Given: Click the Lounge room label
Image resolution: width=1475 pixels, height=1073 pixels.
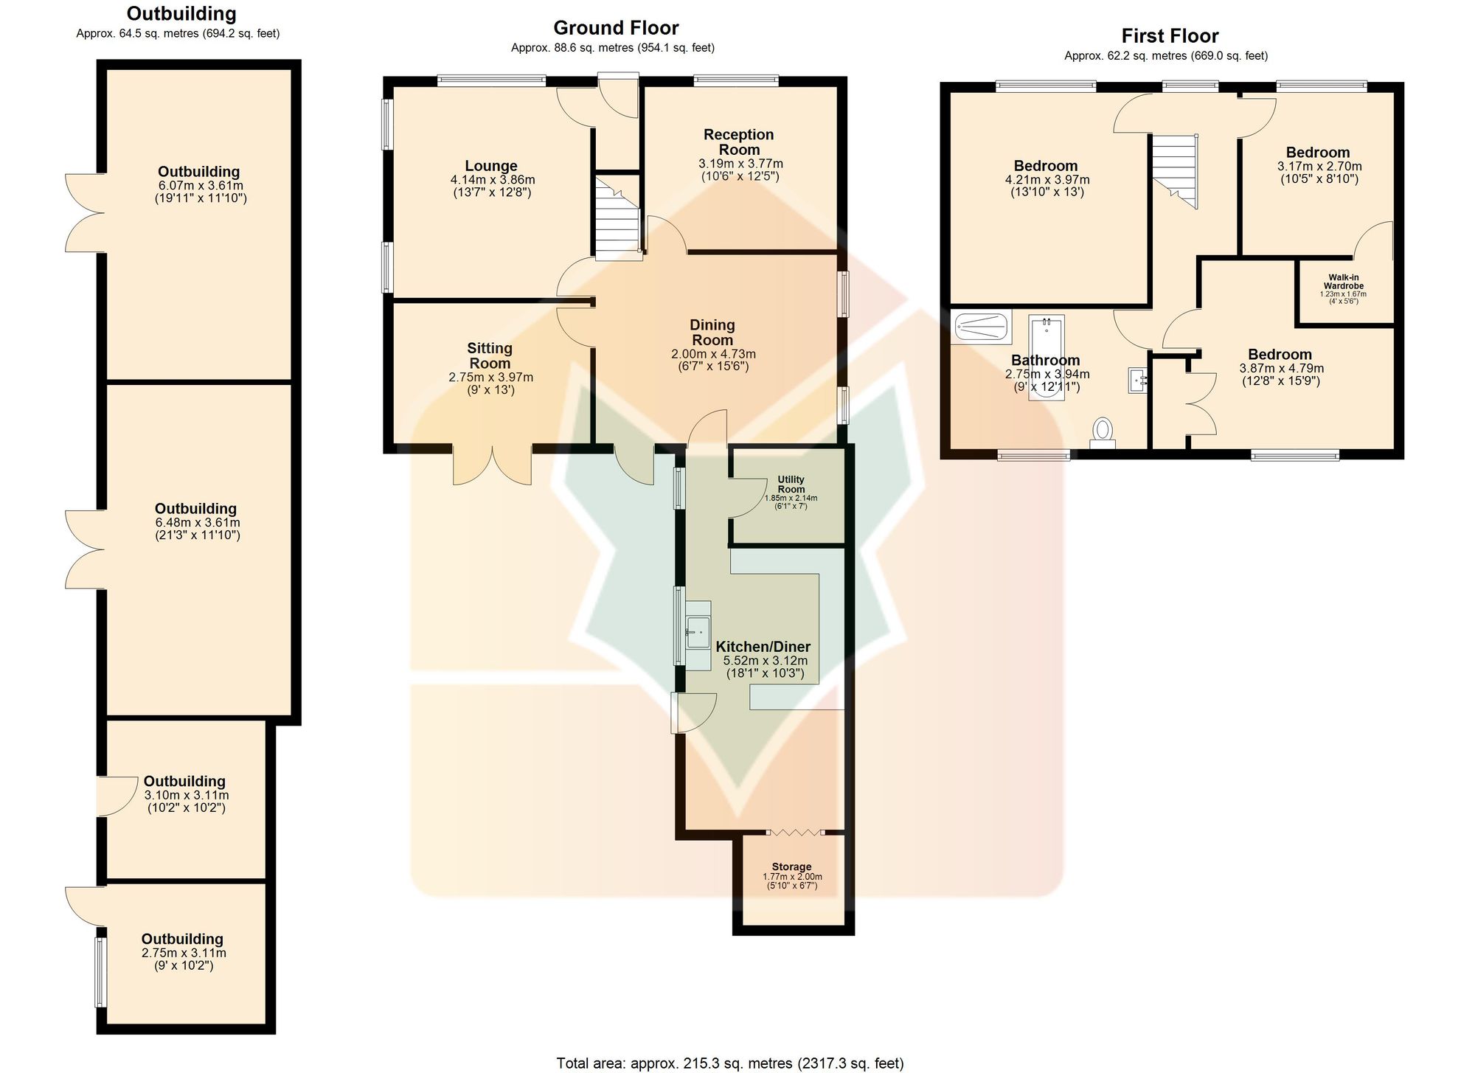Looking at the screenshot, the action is point(491,166).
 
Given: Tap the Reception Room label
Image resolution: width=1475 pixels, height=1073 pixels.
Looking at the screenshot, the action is point(739,142).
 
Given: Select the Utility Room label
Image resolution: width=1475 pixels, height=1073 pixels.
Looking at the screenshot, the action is point(791,485).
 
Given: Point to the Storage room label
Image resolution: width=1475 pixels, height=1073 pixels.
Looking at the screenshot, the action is point(791,867).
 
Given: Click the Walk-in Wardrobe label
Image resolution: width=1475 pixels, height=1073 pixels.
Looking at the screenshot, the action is point(1344,282).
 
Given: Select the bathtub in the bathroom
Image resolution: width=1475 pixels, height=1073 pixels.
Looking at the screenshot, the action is point(1047,358).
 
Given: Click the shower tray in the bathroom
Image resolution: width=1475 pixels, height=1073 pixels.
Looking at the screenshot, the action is point(982,327).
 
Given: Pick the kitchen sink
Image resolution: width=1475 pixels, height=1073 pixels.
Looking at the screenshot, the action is point(698,632).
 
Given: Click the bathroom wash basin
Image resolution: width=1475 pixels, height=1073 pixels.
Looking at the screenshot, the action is point(1139,380).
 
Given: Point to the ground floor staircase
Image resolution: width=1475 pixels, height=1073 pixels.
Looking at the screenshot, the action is point(618,217).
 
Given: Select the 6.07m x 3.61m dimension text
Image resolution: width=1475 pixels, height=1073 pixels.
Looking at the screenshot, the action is point(201,186).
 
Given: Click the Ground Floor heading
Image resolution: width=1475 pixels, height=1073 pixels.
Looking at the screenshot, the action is point(616,28).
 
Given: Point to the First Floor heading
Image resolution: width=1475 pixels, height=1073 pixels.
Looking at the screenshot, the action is point(1170,35).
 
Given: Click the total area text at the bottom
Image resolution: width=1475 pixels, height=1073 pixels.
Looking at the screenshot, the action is point(730,1063).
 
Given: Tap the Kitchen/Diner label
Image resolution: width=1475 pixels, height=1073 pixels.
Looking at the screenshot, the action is point(763,647).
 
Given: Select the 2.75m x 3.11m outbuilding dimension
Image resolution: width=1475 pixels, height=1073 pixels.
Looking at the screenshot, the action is point(184,953).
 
